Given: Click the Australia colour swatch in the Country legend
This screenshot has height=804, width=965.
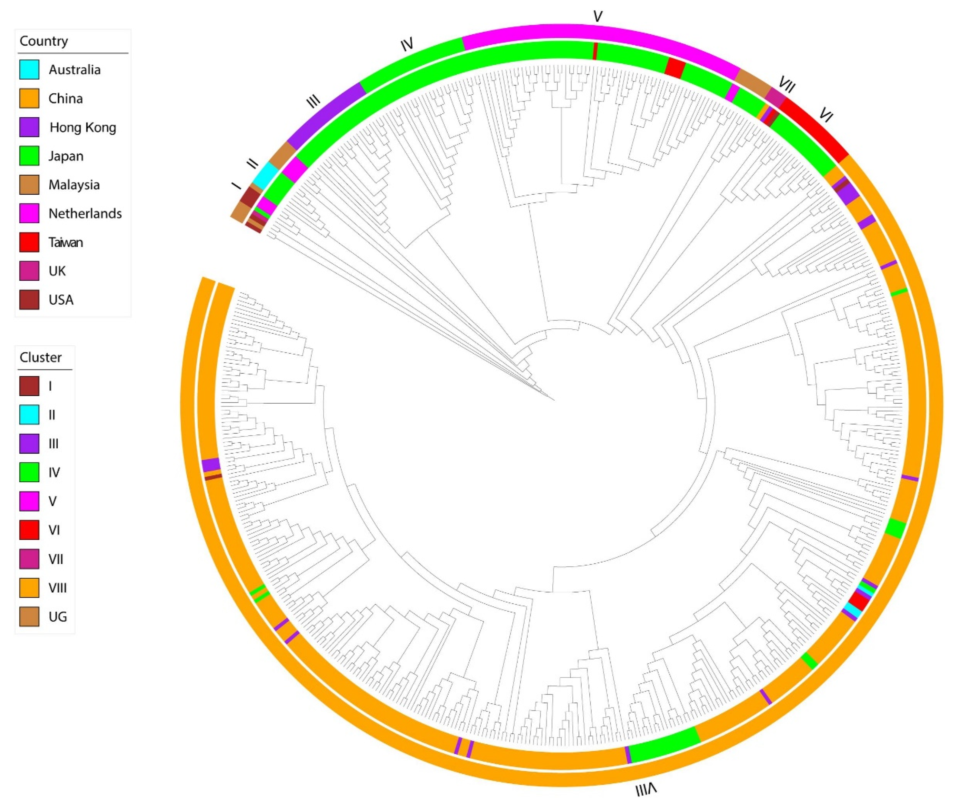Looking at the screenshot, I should coord(29,70).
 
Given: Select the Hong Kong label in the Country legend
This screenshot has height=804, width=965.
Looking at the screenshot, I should coord(83,127).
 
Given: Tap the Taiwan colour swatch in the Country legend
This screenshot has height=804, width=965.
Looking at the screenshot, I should coord(29,242).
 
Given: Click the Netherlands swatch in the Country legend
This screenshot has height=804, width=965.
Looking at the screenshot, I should coord(29,213).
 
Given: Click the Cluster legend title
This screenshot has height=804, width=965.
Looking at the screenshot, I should coord(41,357).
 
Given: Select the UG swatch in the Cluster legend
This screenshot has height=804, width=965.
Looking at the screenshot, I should coord(29,616).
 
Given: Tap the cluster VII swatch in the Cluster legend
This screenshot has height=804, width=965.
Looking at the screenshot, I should coord(29,559).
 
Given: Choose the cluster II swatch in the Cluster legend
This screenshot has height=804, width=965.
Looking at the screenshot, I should coord(29,415).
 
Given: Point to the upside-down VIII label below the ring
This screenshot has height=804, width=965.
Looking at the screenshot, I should coord(646,790).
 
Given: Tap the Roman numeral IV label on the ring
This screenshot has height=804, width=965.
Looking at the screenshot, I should coord(407,45).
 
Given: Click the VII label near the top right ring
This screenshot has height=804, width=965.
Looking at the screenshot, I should coord(787,85).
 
